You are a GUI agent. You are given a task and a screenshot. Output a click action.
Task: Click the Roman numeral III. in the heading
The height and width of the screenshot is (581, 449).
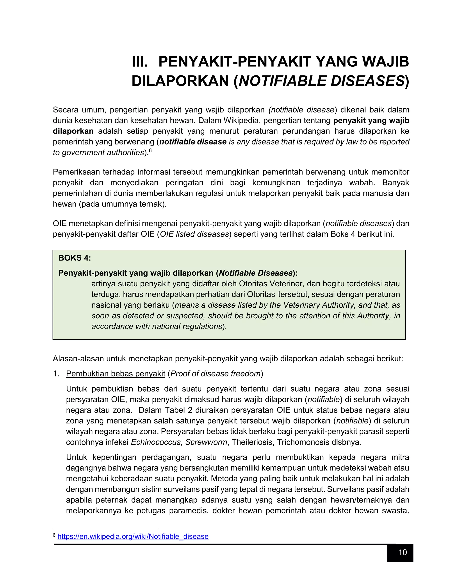click(140, 62)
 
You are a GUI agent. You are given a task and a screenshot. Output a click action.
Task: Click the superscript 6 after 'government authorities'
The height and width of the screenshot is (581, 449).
click(150, 151)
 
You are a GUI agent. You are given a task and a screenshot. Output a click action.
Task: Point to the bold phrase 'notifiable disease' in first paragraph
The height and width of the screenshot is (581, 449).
click(193, 142)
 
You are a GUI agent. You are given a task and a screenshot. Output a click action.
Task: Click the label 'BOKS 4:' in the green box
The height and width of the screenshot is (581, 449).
click(75, 258)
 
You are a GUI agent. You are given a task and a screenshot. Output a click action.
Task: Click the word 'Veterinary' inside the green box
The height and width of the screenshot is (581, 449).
click(301, 305)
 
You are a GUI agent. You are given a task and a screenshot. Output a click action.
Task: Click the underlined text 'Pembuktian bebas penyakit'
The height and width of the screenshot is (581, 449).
click(116, 374)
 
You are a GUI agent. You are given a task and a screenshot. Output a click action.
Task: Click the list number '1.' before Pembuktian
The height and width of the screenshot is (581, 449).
click(56, 374)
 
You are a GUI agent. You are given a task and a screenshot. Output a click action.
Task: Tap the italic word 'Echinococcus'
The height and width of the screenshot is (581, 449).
click(156, 442)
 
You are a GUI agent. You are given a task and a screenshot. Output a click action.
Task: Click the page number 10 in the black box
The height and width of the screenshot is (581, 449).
click(403, 552)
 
